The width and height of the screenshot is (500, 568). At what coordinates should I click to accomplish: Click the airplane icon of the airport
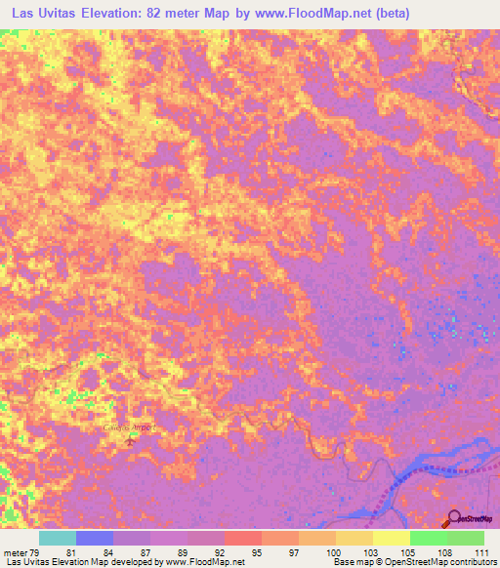coord(131,444)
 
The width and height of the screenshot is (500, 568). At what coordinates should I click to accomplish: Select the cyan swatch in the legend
coord(58,538)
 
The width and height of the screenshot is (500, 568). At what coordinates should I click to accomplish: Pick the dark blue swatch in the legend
coord(95,538)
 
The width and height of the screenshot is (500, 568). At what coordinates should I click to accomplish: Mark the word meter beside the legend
coord(14,552)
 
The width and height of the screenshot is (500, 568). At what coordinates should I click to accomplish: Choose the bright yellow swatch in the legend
coord(392,538)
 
